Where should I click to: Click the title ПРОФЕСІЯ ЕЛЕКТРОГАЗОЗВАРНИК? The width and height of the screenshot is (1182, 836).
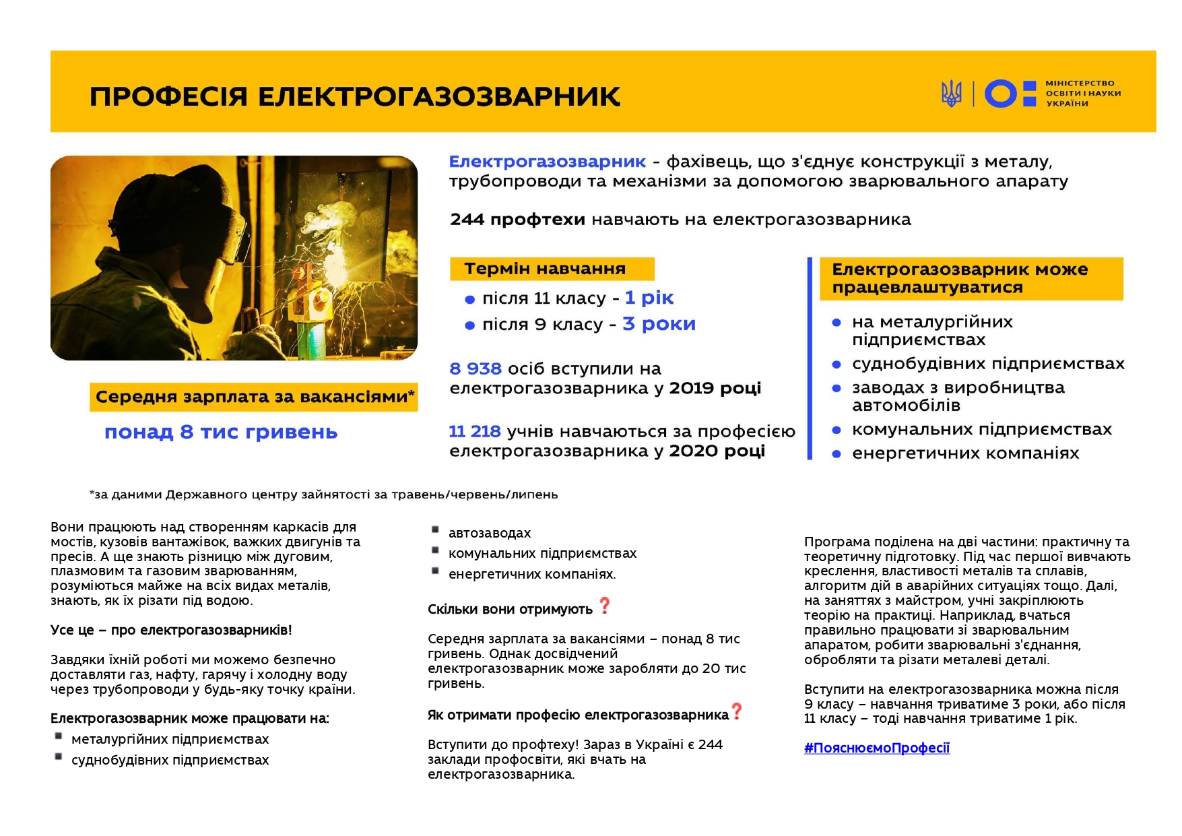(355, 96)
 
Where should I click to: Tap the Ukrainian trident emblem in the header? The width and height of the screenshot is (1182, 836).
(951, 94)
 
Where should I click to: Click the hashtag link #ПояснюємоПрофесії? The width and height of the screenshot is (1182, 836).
(876, 748)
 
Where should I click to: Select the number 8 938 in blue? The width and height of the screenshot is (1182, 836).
(475, 369)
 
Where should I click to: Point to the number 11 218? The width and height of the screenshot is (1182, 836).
(475, 432)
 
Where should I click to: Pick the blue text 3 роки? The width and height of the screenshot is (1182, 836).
(659, 324)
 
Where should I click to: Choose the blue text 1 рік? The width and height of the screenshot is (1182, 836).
(649, 298)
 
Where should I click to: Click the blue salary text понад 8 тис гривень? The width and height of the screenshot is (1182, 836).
(221, 432)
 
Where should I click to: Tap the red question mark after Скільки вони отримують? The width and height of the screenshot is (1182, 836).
(604, 606)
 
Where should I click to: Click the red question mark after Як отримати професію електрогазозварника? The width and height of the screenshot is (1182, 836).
(737, 711)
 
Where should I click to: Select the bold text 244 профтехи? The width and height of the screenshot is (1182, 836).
(517, 220)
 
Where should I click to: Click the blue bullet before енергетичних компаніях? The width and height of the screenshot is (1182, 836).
(836, 454)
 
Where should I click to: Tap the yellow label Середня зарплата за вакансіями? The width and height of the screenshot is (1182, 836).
(254, 397)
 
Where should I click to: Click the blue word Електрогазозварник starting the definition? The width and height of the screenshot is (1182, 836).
(547, 162)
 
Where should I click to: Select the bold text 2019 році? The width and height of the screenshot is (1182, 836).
(715, 388)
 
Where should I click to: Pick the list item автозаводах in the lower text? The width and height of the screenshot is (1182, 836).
(490, 533)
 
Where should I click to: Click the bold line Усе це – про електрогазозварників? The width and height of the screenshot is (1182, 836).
(171, 631)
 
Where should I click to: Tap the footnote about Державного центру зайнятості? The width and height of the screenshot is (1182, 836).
(323, 494)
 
